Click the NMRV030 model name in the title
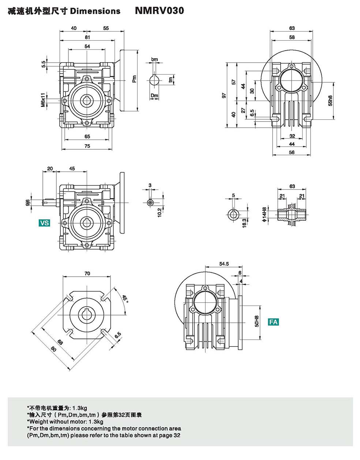160,11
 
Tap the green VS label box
44,222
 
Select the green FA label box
273,322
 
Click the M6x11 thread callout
43,100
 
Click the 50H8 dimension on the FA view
256,321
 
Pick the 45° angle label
125,299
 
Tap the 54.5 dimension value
224,263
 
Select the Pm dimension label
134,79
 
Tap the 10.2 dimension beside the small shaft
159,212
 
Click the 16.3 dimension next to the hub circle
244,222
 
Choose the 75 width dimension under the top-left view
87,146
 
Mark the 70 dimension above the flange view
87,273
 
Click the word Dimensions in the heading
95,11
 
